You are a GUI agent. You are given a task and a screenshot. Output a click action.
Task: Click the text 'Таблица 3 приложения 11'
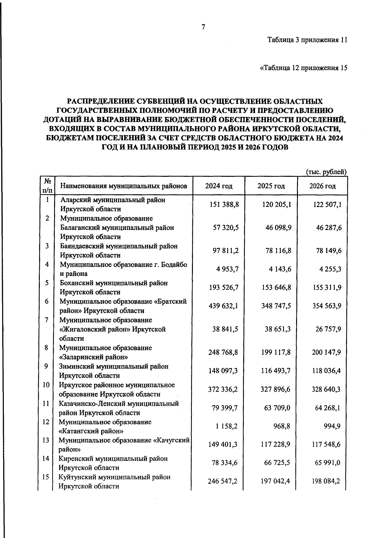(x=307, y=40)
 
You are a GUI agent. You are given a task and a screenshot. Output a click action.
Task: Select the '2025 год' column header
(x=271, y=186)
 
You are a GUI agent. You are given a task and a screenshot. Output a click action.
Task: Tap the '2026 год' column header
(x=322, y=186)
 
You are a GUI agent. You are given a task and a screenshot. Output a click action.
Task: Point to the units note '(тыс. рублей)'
(x=326, y=172)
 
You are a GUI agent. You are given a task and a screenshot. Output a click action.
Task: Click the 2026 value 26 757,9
(x=329, y=329)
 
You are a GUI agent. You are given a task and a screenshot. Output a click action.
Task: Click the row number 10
(x=46, y=385)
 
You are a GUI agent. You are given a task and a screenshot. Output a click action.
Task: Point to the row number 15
(x=46, y=477)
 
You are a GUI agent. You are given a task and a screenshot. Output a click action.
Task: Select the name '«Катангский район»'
(x=91, y=431)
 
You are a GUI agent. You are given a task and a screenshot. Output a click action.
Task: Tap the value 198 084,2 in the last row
(x=327, y=481)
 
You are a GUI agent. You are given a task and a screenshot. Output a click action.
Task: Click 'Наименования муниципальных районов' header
(x=124, y=186)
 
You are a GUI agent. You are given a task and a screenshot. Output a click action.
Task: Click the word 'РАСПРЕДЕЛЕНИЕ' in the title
(x=100, y=102)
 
